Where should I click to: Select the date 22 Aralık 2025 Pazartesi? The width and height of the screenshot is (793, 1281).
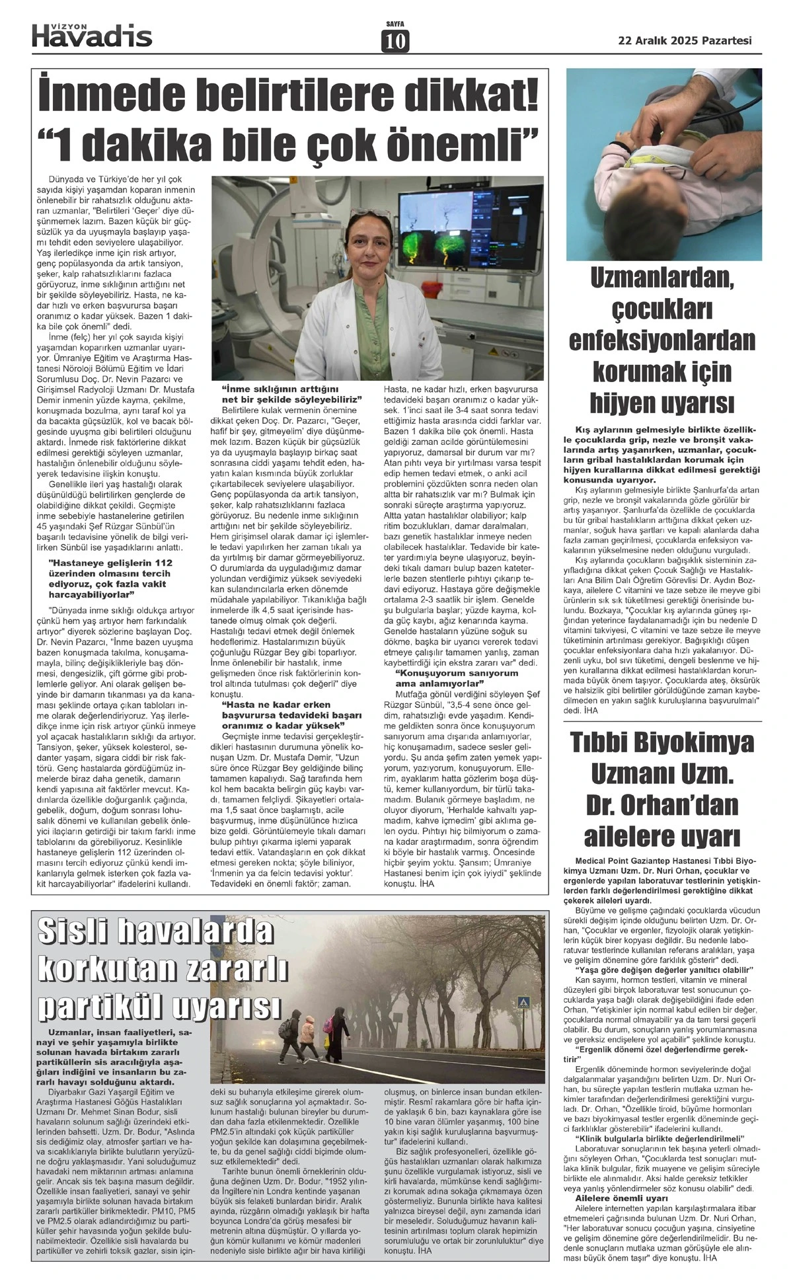685,40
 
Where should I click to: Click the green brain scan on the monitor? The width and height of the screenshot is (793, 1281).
453,249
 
